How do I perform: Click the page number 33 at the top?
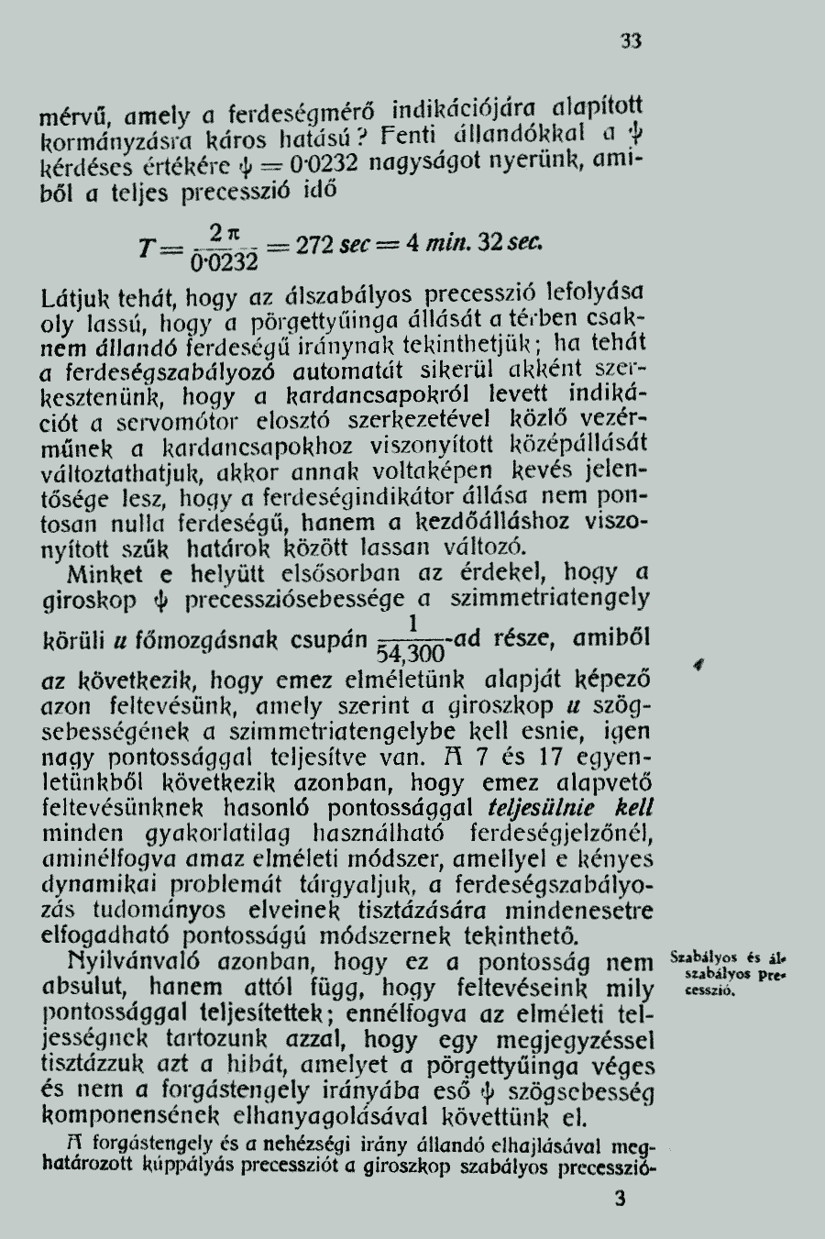[631, 40]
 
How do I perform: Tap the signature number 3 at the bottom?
[621, 1199]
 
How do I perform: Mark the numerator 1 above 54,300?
[414, 624]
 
